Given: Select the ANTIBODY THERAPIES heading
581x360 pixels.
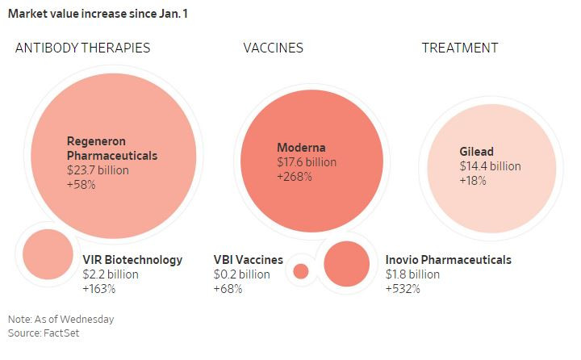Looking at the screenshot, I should pyautogui.click(x=82, y=48).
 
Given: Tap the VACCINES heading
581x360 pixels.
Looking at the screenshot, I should pyautogui.click(x=273, y=48).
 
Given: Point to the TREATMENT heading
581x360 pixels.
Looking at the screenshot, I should pyautogui.click(x=460, y=48).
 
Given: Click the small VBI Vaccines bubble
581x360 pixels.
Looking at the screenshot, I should pyautogui.click(x=301, y=271).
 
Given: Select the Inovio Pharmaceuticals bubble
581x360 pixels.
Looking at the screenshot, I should pyautogui.click(x=346, y=264).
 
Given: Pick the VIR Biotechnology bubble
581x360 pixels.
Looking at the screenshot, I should pyautogui.click(x=48, y=253).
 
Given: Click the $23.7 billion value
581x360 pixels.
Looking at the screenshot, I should pyautogui.click(x=97, y=170).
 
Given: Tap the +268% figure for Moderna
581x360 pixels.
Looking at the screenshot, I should pyautogui.click(x=295, y=177).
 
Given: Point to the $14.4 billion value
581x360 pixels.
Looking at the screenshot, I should pyautogui.click(x=490, y=166).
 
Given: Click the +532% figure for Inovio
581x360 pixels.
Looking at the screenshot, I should pyautogui.click(x=403, y=289).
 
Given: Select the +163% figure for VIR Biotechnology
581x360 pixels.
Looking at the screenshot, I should pyautogui.click(x=99, y=289).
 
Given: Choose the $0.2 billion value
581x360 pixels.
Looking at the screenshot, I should pyautogui.click(x=241, y=274).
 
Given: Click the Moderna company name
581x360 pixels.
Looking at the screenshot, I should pyautogui.click(x=301, y=148).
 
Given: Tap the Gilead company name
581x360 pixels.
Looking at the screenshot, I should pyautogui.click(x=476, y=152).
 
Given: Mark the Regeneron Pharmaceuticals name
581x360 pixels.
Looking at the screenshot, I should pyautogui.click(x=111, y=148).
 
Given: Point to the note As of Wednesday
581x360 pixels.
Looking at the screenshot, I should pyautogui.click(x=61, y=319).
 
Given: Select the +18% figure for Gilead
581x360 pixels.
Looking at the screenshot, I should pyautogui.click(x=473, y=181).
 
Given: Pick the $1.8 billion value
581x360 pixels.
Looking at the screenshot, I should pyautogui.click(x=412, y=274).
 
